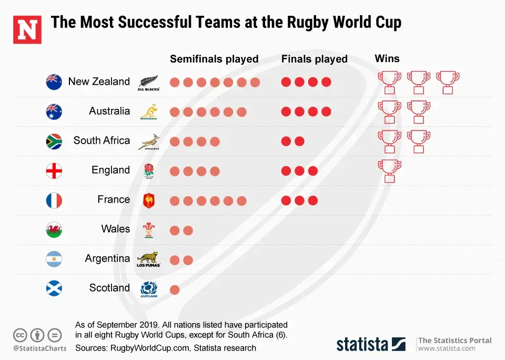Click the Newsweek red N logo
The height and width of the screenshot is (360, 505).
click(x=27, y=30)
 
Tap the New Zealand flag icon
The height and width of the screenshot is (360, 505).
click(x=54, y=82)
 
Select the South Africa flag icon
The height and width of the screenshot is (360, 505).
click(x=54, y=141)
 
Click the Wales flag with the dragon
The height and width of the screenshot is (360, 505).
click(x=54, y=229)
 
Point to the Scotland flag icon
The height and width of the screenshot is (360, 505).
click(x=54, y=288)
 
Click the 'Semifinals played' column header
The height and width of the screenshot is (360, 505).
click(x=214, y=59)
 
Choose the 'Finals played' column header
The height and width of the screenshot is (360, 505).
click(x=315, y=59)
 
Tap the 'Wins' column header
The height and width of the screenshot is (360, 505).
click(x=387, y=58)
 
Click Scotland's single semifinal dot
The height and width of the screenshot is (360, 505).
click(x=175, y=289)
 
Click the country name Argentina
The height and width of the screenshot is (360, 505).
click(x=107, y=258)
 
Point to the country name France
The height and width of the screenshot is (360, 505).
click(x=114, y=199)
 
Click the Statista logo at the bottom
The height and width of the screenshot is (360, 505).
click(x=371, y=344)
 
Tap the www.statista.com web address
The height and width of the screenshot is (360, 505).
click(x=447, y=348)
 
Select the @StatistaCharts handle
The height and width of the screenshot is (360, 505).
click(x=40, y=348)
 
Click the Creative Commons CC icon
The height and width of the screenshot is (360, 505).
click(x=20, y=335)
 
